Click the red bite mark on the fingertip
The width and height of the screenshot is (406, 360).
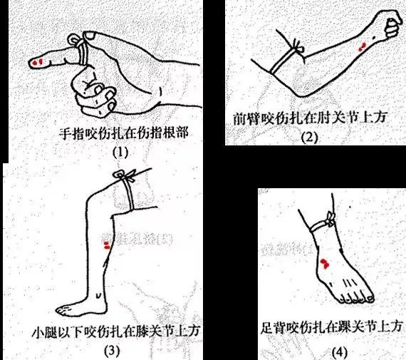click(37, 62)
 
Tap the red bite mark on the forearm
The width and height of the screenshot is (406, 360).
click(362, 47)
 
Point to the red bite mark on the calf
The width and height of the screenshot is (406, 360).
click(107, 245)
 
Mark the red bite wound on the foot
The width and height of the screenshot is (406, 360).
click(325, 264)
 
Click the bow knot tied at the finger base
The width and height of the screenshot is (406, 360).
click(76, 41)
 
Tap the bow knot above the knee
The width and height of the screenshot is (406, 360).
click(125, 175)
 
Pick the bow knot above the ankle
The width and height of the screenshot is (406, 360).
click(330, 220)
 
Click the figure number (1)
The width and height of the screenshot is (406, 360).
click(120, 153)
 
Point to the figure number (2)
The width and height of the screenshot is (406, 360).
click(309, 138)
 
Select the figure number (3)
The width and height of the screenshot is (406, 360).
click(113, 351)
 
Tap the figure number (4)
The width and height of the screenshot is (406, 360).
click(340, 352)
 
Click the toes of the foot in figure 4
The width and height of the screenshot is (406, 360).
click(358, 299)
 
